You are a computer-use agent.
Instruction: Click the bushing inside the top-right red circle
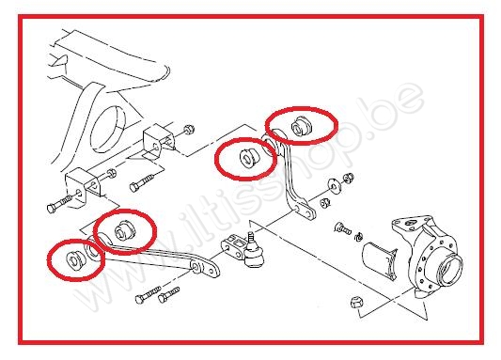point(302,126)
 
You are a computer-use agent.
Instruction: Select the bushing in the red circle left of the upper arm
point(249,156)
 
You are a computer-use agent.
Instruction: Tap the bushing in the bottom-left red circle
point(76,259)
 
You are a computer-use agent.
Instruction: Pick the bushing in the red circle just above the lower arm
point(125,229)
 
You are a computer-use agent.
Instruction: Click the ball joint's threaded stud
point(252,238)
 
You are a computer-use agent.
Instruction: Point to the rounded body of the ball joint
point(255,255)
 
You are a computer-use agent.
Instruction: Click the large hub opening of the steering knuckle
point(450,268)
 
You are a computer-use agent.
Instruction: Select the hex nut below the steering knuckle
point(356,302)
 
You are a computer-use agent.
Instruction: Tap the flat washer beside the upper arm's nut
point(335,186)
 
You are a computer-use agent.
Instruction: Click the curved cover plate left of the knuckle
point(379,260)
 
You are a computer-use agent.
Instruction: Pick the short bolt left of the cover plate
point(343,228)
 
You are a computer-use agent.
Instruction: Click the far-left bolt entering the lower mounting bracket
point(60,204)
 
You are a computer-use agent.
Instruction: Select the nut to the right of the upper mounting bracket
point(189,130)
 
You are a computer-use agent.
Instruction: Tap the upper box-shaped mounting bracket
point(159,142)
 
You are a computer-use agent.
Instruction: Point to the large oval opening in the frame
point(108,129)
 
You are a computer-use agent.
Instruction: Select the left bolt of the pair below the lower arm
point(148,295)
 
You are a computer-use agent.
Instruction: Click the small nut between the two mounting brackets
point(111,174)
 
